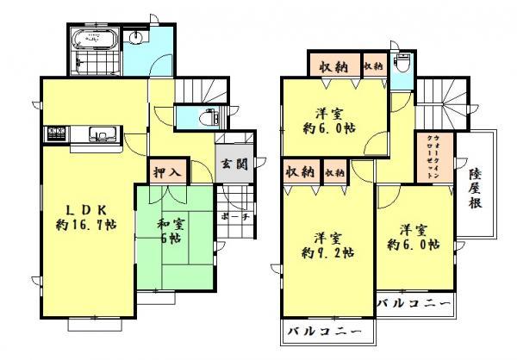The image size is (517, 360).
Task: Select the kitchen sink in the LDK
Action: point(101,134)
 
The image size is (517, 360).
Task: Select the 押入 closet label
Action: point(168,171)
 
